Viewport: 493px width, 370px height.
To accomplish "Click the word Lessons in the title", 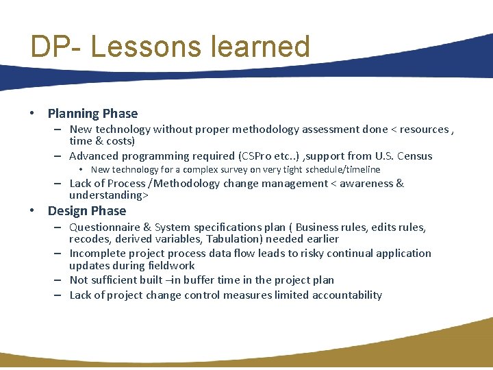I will coord(145,47).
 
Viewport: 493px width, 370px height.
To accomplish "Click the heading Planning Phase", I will coord(92,114).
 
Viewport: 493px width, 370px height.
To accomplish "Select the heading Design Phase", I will coord(87,211).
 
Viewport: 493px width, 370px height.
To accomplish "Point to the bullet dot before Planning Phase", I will coord(33,114).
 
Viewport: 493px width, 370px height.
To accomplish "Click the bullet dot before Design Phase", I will coord(33,211).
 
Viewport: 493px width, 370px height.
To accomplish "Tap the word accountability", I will coord(347,295).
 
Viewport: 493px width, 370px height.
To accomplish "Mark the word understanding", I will coord(106,195).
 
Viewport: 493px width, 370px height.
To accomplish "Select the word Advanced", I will coord(94,156).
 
